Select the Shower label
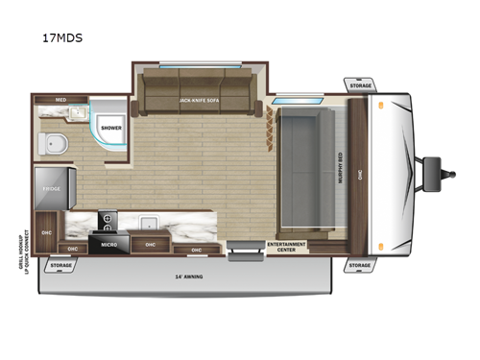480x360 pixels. [110, 127]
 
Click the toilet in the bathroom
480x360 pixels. [55, 146]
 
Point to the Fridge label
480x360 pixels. [51, 189]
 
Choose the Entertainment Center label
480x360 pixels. [286, 246]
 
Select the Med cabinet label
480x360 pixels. [60, 99]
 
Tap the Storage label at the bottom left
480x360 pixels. [60, 264]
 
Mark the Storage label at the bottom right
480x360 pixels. [359, 265]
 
